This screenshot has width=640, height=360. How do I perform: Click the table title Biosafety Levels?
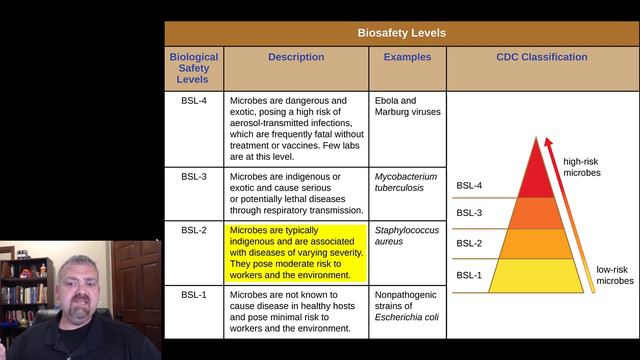coord(402,32)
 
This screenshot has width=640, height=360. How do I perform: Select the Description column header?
coord(296,58)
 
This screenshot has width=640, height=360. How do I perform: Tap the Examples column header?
coord(407,58)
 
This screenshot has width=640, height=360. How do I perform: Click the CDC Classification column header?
coord(542,58)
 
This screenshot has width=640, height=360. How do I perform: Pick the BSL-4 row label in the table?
coord(194,102)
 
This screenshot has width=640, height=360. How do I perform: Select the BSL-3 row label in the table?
coord(194,177)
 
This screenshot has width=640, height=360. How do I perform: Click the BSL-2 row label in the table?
coord(194,230)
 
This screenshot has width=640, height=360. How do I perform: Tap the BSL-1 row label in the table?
coord(194,295)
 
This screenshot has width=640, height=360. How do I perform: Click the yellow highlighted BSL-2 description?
coord(296,253)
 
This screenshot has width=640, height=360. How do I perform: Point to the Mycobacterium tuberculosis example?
coord(405,183)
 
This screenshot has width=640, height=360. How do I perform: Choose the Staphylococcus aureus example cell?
coord(401,236)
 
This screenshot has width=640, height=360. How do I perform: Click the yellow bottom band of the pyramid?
coord(535,275)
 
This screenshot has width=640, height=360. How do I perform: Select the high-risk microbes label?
coord(582,167)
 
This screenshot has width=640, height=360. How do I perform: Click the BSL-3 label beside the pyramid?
coord(469,213)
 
